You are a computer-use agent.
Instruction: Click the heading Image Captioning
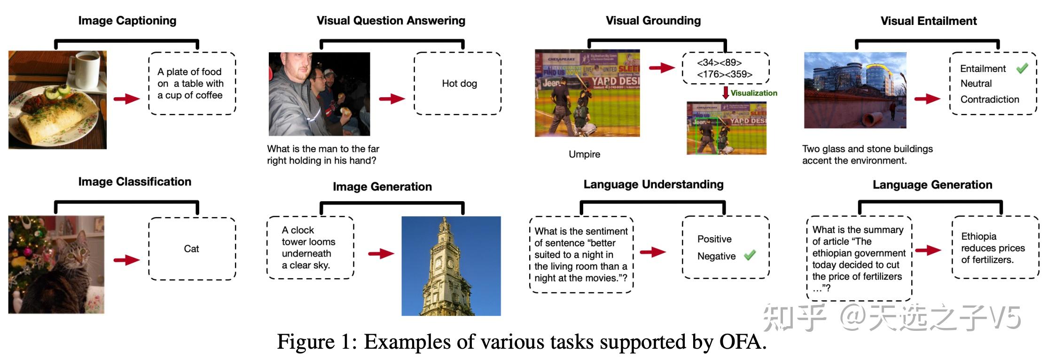[x=127, y=21]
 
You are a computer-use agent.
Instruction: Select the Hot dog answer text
[x=459, y=84]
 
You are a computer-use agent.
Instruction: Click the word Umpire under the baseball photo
[x=584, y=154]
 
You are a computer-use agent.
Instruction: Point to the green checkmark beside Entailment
[x=1022, y=69]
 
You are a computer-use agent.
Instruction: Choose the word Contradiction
[x=989, y=100]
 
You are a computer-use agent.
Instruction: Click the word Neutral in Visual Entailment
[x=976, y=84]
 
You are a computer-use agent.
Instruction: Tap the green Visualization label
[x=754, y=93]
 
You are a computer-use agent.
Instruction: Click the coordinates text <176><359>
[x=724, y=74]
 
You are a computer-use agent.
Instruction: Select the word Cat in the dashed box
[x=191, y=249]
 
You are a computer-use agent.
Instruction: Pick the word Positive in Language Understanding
[x=714, y=239]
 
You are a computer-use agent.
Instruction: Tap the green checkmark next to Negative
[x=750, y=255]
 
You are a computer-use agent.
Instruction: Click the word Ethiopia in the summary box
[x=978, y=236]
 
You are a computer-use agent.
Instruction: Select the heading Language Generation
[x=932, y=185]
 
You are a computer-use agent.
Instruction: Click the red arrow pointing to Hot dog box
[x=392, y=99]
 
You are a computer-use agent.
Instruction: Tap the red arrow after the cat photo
[x=126, y=260]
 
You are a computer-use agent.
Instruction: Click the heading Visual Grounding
[x=653, y=21]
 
